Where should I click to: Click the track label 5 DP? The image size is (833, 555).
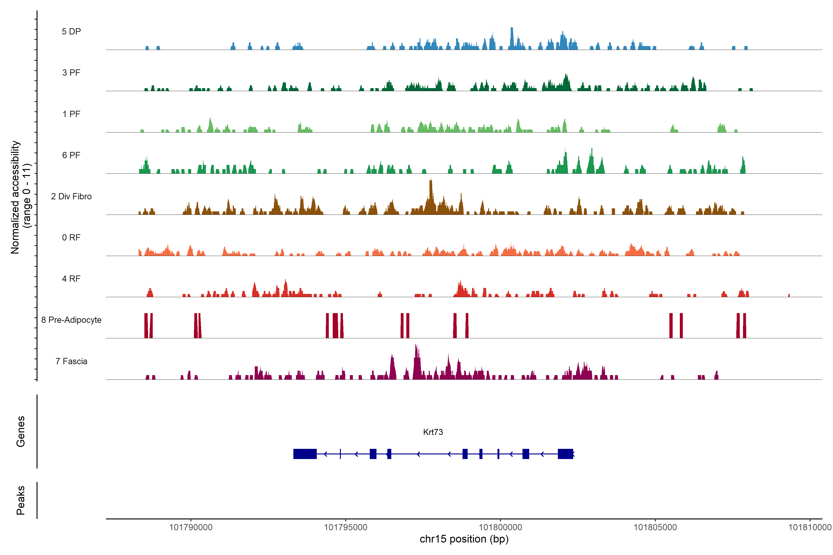[71, 31]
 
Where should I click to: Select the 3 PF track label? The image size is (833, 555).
[71, 73]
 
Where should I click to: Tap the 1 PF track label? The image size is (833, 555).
[71, 114]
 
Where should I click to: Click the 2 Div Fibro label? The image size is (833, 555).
[71, 196]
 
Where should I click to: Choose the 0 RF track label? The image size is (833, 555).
[71, 237]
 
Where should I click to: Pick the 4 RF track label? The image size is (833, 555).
[71, 279]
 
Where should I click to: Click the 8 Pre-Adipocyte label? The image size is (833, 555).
[71, 320]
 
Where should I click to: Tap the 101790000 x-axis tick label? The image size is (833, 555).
[191, 527]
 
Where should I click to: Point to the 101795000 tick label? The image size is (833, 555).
[346, 527]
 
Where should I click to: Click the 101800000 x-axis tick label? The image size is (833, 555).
[500, 527]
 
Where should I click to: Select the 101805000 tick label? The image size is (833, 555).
[655, 527]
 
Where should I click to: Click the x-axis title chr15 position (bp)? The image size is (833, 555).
[464, 539]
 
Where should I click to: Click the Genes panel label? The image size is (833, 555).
[21, 432]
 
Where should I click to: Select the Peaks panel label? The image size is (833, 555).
[21, 500]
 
